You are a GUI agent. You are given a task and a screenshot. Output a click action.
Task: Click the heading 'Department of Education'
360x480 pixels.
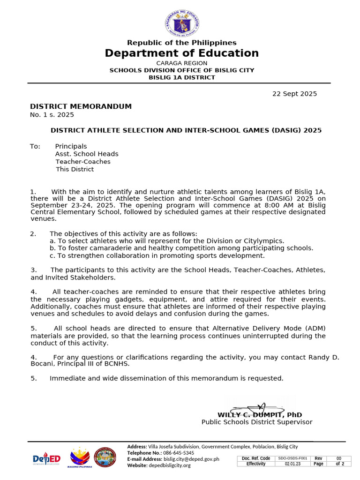182,53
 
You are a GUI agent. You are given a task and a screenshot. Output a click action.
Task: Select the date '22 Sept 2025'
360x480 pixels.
294,94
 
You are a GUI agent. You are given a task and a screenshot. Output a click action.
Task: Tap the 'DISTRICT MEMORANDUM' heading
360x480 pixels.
81,106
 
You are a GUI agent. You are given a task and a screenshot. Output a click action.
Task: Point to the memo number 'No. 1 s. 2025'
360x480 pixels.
52,115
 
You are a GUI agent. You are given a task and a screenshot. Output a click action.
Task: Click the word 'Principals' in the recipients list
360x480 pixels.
71,146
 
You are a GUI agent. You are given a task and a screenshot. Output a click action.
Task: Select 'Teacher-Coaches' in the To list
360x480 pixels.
83,162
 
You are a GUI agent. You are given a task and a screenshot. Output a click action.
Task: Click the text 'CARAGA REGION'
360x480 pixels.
182,63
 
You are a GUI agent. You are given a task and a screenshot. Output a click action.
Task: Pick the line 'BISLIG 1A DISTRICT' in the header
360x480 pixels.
182,77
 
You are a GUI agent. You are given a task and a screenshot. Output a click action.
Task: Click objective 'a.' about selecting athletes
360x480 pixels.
167,241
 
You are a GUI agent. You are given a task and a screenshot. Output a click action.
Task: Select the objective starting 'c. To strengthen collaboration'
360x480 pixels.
157,255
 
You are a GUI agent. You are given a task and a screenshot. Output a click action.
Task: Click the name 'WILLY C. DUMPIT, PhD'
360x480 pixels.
260,415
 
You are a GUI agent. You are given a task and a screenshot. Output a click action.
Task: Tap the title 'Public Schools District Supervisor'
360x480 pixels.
257,422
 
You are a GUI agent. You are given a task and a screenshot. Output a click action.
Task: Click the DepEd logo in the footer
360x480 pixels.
46,458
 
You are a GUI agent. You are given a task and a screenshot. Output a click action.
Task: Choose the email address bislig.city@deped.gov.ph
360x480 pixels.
191,459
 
